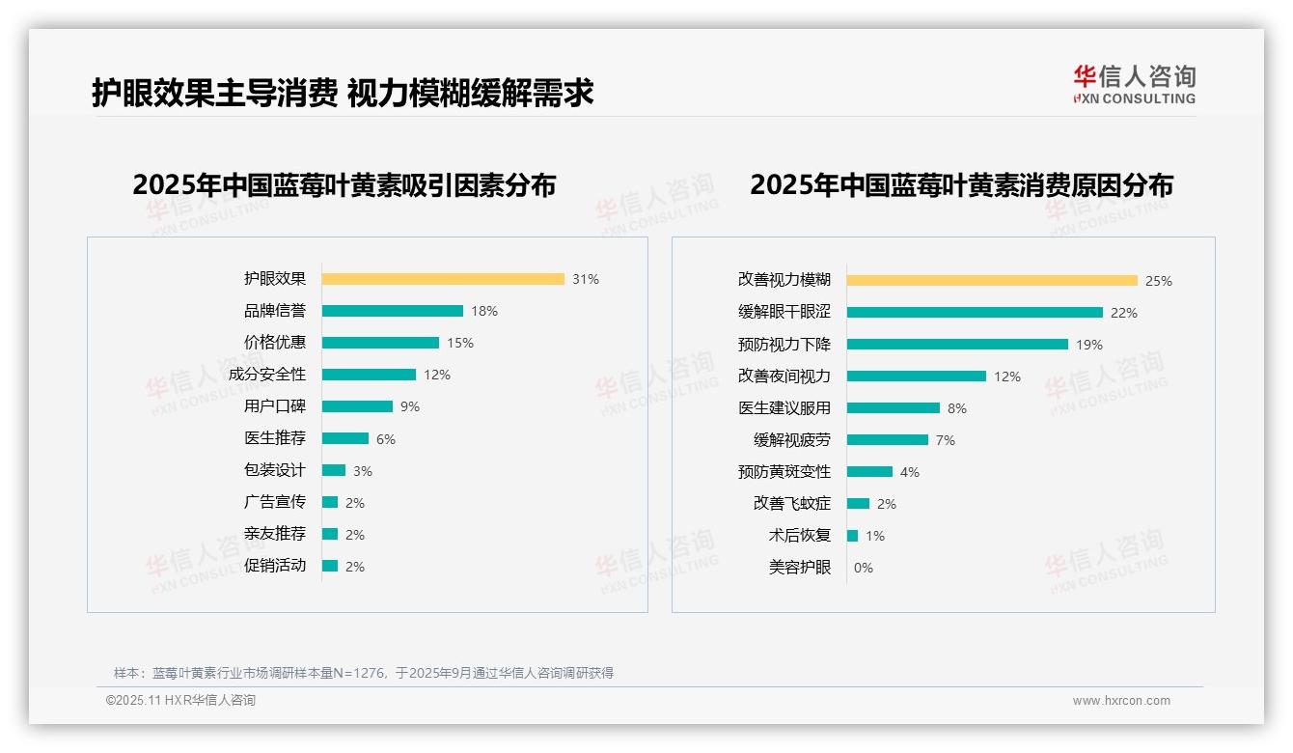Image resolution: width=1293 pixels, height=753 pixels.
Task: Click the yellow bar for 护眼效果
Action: tap(443, 279)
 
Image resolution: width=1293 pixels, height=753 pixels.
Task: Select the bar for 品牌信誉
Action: tap(392, 311)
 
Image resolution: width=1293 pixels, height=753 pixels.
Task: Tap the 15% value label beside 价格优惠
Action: tap(460, 343)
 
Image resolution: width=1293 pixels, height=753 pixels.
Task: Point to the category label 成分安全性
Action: tap(267, 375)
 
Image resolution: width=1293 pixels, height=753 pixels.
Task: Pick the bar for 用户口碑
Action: tap(357, 406)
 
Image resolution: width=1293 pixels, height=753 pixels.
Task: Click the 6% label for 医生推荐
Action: tap(386, 439)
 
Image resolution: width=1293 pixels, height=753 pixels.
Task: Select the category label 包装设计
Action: tap(275, 470)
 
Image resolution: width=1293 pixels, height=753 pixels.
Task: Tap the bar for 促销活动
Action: tap(330, 566)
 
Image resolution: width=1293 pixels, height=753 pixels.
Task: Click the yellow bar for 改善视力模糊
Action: tap(992, 280)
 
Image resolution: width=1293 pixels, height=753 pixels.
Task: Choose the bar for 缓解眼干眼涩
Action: tap(975, 312)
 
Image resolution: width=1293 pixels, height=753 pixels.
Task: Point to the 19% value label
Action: tap(1089, 345)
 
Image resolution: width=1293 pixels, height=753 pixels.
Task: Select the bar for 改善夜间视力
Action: tap(917, 376)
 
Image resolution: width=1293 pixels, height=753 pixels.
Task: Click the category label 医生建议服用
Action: tap(784, 408)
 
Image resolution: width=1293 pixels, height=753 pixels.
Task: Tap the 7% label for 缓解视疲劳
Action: tap(946, 440)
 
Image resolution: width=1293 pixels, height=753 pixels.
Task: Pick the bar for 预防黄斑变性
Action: tap(869, 471)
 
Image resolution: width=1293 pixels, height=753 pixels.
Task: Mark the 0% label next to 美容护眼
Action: tap(864, 568)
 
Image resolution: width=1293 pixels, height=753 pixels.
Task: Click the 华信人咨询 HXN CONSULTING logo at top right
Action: tap(1134, 85)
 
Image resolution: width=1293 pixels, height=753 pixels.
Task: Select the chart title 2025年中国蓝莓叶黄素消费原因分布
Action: tap(961, 185)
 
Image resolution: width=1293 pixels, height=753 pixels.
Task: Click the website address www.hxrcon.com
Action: tap(1121, 701)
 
